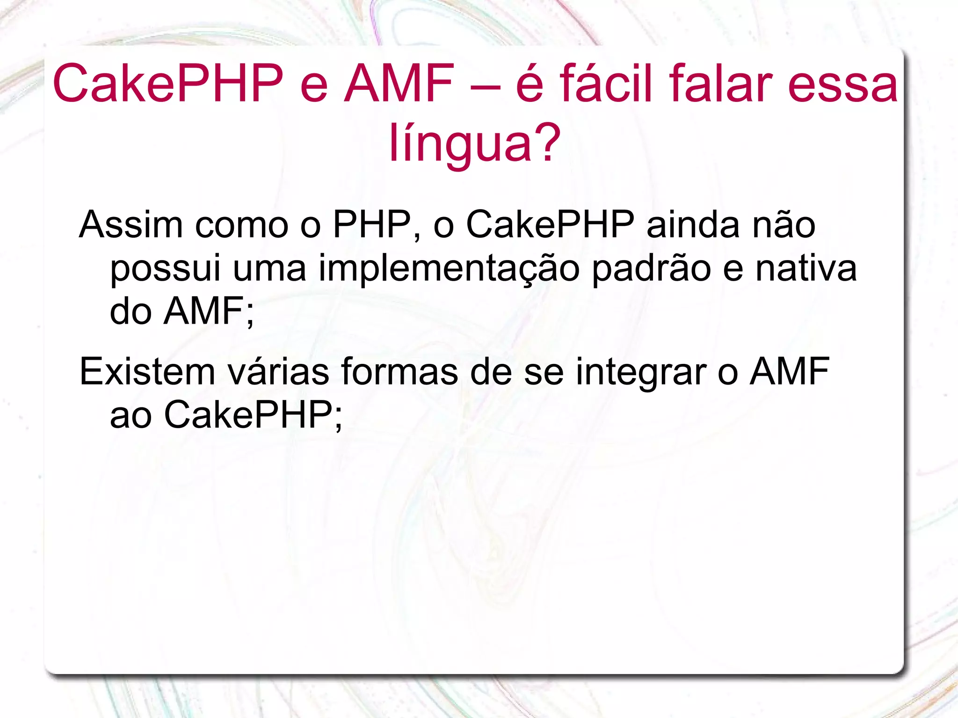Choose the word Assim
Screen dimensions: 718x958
point(131,225)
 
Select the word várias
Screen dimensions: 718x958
point(278,372)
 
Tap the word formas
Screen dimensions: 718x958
point(399,372)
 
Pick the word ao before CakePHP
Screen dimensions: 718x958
point(131,415)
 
